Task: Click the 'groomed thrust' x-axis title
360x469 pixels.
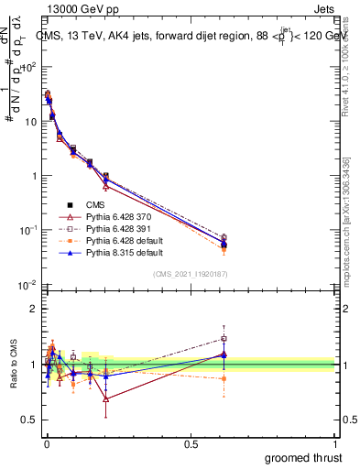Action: (305, 457)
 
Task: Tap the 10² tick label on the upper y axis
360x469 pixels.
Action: (28, 67)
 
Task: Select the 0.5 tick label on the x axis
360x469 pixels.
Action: (191, 443)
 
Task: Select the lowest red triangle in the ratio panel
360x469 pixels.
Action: (106, 399)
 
